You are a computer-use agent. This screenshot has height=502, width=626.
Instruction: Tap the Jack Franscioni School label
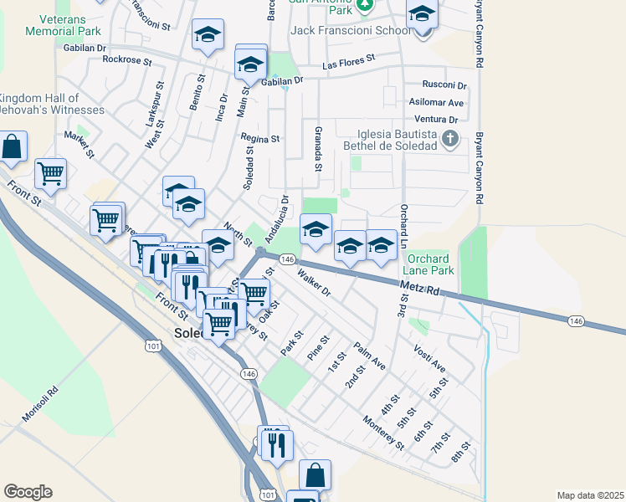click(x=350, y=30)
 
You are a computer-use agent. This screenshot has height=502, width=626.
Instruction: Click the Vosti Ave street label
click(x=429, y=356)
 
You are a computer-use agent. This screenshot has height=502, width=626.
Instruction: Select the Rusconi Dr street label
click(x=444, y=85)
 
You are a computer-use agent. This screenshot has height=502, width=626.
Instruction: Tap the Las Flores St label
click(x=349, y=62)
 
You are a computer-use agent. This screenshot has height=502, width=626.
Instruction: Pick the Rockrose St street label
click(x=126, y=60)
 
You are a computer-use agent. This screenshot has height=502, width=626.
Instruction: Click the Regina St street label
click(x=259, y=138)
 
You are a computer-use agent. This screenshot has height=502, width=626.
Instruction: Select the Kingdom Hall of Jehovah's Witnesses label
click(x=52, y=104)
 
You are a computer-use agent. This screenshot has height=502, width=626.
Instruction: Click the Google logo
click(x=28, y=491)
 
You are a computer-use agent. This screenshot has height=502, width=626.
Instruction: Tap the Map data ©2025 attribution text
click(x=589, y=495)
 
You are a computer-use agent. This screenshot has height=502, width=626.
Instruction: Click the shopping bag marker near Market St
click(x=13, y=146)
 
